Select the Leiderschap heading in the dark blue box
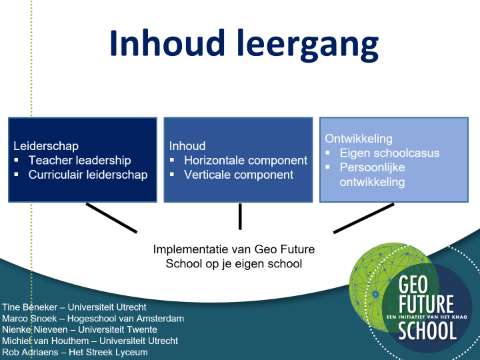tap(46, 146)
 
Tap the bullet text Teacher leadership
tap(79, 160)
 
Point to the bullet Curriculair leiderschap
tap(88, 175)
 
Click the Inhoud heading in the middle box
tap(187, 146)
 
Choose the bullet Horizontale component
tap(245, 160)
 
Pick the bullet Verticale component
tap(239, 175)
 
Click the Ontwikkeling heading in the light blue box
tap(359, 139)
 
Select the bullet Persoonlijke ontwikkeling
tap(372, 174)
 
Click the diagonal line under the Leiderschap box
tap(111, 218)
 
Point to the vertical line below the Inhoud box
tap(239, 216)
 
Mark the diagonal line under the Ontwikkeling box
tap(363, 218)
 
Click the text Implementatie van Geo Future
tap(233, 249)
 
